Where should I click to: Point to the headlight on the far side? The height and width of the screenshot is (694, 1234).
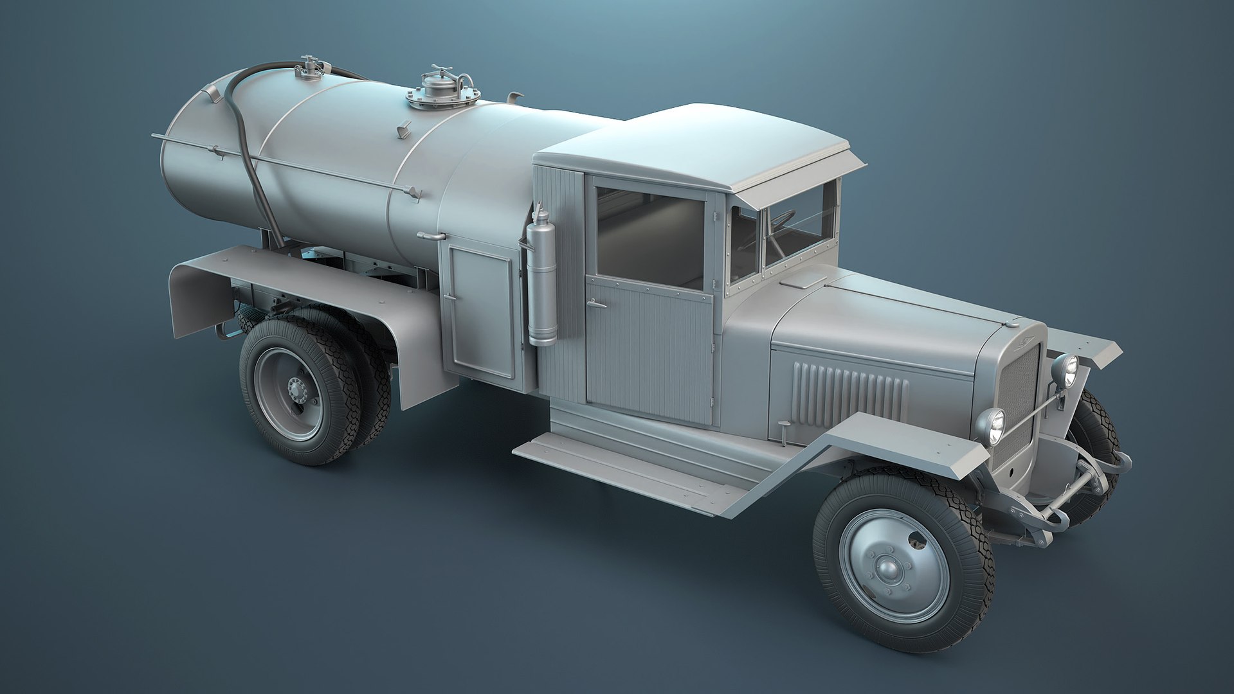pyautogui.click(x=1066, y=371)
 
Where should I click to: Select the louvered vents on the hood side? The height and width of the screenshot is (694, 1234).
pyautogui.click(x=849, y=389)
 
